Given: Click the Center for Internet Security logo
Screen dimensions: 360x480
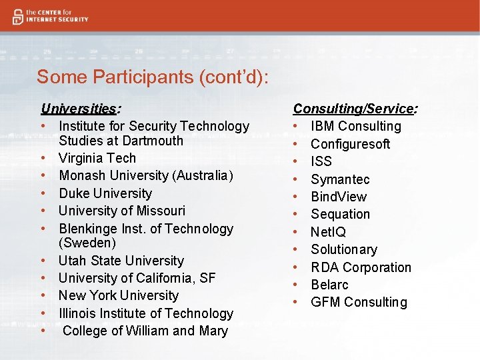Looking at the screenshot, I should tap(49, 16).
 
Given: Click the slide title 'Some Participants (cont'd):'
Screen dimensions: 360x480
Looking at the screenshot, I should tap(153, 77).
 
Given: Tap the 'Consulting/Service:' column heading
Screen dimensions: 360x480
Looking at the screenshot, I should tap(355, 108).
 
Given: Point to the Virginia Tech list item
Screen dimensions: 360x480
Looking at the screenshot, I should tap(97, 158).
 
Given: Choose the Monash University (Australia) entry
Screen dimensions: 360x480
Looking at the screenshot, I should tap(146, 175).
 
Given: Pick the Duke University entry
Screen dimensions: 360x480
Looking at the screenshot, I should tap(105, 193).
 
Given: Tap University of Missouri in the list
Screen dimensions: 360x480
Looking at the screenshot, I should tap(122, 211).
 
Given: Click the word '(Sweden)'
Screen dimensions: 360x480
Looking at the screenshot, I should tap(87, 243).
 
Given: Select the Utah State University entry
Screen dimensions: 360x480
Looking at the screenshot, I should tap(121, 261).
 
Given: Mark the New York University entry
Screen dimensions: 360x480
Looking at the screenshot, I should tap(119, 295).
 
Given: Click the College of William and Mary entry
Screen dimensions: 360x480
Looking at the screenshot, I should tap(145, 331).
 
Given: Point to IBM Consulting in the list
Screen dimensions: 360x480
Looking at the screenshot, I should tap(356, 126).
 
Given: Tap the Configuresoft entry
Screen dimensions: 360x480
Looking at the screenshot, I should tap(350, 144).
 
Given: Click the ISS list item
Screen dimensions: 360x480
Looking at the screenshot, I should tap(321, 161).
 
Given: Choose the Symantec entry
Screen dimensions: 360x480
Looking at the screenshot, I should tap(340, 179).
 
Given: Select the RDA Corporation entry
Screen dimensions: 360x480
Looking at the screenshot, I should tap(361, 267).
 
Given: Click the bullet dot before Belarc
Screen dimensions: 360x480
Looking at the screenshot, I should tap(295, 285).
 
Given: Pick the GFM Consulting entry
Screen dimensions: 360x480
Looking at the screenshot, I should tap(359, 302).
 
